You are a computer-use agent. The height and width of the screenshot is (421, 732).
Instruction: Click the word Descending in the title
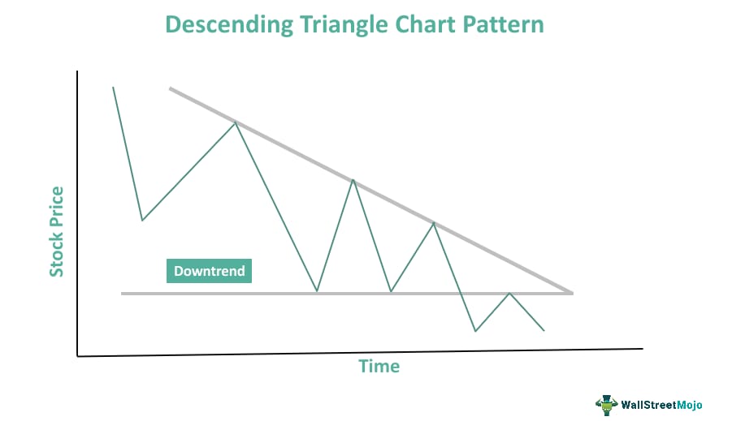tap(225, 24)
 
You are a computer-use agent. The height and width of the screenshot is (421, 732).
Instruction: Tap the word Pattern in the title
tap(503, 24)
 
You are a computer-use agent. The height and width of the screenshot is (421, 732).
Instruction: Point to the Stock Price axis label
tap(56, 231)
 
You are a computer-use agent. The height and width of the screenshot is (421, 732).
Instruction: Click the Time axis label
tap(379, 366)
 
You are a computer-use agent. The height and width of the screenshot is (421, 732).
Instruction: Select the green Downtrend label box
tap(209, 271)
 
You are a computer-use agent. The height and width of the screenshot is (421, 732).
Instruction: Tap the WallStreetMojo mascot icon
tap(605, 403)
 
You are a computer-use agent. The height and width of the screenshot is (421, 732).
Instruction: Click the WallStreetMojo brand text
tap(661, 404)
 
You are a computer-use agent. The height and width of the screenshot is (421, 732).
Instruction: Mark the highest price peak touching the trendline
tap(236, 122)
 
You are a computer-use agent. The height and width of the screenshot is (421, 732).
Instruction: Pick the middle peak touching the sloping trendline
tap(353, 179)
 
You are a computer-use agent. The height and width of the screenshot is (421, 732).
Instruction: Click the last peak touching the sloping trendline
tap(434, 222)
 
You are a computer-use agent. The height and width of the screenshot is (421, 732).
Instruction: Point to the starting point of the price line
tap(113, 87)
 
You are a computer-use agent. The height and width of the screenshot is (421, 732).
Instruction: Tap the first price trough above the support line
tap(142, 220)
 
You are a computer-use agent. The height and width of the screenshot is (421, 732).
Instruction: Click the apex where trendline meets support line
tap(572, 292)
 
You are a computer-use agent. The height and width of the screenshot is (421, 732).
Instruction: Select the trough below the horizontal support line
tap(475, 331)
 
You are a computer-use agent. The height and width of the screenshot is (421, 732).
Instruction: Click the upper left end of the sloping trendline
tap(170, 88)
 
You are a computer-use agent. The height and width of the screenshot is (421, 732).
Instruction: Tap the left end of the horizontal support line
tap(123, 293)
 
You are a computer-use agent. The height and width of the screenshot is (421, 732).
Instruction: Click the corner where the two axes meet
tap(78, 355)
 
